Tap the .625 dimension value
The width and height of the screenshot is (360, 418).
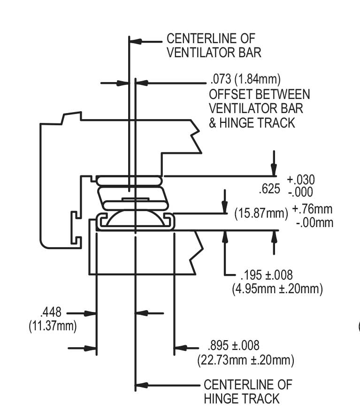(269, 189)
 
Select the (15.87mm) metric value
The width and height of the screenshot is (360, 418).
(261, 213)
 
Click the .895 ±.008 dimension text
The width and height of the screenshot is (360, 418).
(233, 346)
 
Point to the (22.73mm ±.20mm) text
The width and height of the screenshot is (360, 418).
(245, 360)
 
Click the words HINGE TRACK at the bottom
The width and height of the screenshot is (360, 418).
(242, 399)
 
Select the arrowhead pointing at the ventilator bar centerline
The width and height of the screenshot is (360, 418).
(136, 41)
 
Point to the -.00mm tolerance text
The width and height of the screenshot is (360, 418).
(314, 222)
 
